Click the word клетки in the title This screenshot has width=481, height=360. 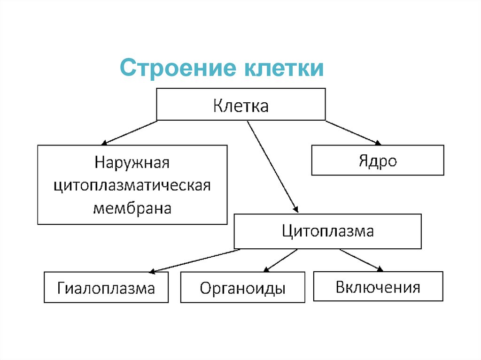(283, 69)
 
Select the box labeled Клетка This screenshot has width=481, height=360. (240, 105)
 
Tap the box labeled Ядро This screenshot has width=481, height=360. (378, 161)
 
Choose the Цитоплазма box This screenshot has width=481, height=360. (327, 231)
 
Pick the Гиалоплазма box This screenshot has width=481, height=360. (106, 287)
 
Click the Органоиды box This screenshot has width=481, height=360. (242, 287)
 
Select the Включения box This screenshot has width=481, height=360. (378, 286)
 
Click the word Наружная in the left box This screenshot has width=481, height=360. (132, 163)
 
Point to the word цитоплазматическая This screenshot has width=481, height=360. (132, 185)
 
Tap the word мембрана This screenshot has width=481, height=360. (132, 207)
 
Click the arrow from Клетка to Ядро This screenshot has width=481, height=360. (352, 132)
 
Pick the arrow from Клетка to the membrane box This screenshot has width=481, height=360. (129, 132)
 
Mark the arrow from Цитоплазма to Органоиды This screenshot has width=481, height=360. (280, 260)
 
